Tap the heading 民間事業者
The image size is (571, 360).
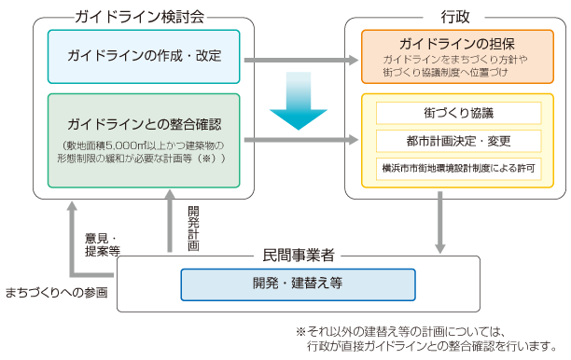tap(299, 254)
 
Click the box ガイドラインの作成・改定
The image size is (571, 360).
tap(144, 56)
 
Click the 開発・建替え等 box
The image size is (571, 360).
tap(298, 283)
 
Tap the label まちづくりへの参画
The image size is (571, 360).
tap(56, 292)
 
